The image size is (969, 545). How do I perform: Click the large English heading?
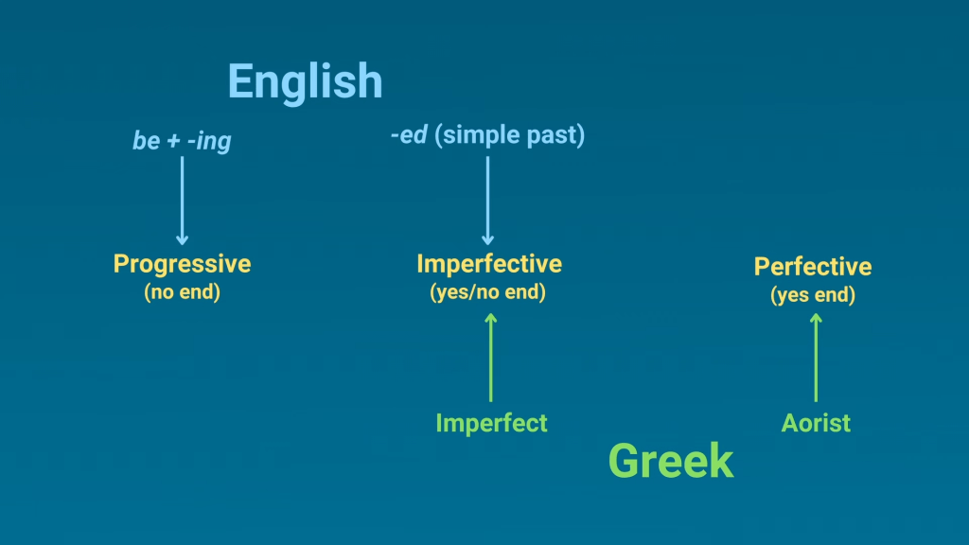point(306,82)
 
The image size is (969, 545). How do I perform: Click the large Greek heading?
point(671,461)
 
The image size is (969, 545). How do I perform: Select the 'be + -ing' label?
point(182,141)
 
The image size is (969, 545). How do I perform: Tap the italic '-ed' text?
point(409,134)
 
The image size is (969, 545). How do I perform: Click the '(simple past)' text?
point(510,135)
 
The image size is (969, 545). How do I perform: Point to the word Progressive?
point(183,265)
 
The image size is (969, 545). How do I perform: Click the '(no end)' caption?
point(183,291)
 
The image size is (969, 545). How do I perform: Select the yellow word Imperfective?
point(489,264)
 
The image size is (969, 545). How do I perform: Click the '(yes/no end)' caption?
point(487,291)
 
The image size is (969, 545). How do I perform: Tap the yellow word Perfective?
point(813,267)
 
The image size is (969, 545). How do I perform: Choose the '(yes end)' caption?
point(813,295)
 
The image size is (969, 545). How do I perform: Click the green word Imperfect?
point(491,423)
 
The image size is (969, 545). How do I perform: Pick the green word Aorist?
point(816,423)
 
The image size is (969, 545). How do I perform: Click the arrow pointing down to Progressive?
point(182,201)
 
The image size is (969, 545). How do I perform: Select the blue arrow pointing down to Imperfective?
point(487,201)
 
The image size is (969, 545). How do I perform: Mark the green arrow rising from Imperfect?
point(491,357)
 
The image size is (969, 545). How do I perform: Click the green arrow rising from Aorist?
point(816,357)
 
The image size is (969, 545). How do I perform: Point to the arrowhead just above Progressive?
point(182,241)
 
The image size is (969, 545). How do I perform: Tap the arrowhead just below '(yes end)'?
point(816,318)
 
